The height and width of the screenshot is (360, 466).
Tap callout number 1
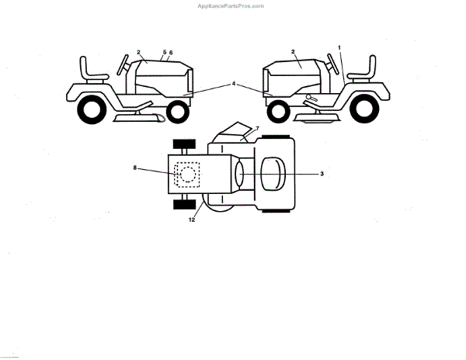click(339, 48)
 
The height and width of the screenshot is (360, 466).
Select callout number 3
click(322, 174)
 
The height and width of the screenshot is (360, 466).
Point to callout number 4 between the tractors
click(233, 83)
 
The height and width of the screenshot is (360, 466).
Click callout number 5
click(164, 52)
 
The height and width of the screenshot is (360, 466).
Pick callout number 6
click(171, 52)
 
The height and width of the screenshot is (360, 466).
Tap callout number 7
click(257, 127)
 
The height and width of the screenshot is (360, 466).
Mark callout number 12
click(191, 220)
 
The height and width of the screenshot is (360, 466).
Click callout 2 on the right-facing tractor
click(138, 52)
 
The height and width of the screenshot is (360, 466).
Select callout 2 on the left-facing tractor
click(293, 51)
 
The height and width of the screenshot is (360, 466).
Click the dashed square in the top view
click(186, 174)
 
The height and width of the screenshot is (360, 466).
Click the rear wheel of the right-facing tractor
click(91, 111)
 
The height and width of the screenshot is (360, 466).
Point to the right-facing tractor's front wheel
click(178, 112)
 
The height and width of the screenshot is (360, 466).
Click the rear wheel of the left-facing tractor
click(364, 109)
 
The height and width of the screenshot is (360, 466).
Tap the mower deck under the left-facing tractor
click(316, 116)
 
